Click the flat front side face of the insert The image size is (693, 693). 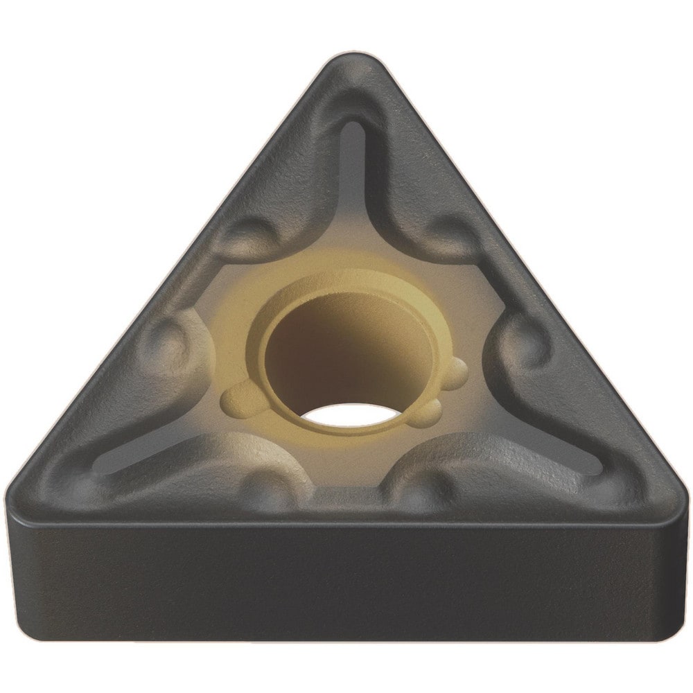click(x=346, y=582)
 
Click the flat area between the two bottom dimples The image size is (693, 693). click(x=346, y=485)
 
